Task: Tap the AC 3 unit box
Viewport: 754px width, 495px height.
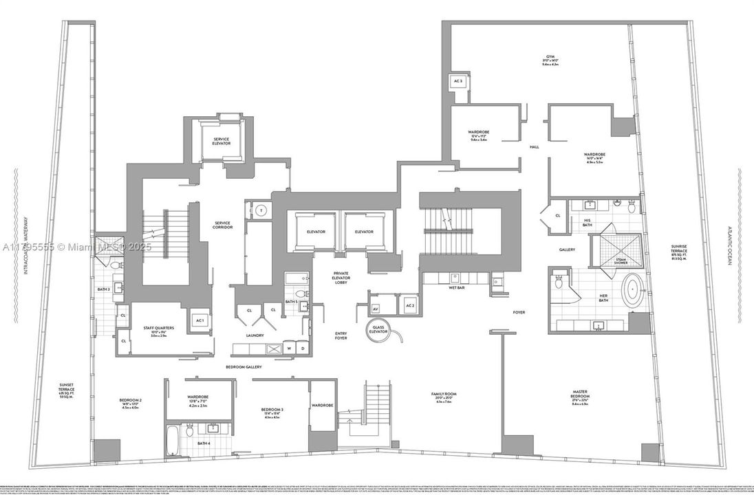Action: tap(458, 82)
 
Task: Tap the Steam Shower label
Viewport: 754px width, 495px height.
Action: tap(621, 261)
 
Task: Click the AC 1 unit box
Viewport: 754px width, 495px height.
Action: tap(200, 320)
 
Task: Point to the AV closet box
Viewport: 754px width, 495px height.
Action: tap(376, 308)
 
